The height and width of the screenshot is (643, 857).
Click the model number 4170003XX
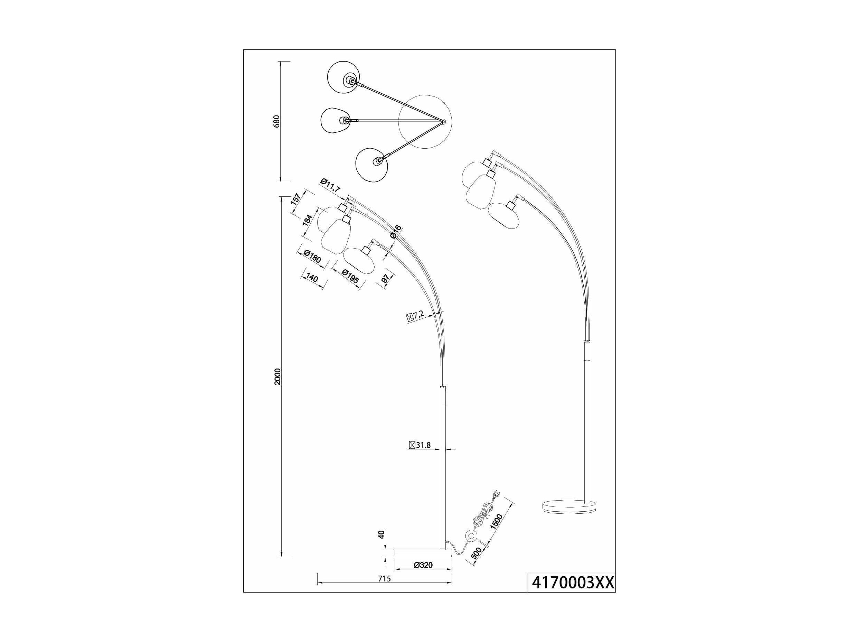click(572, 593)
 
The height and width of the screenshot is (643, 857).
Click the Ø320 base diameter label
click(423, 576)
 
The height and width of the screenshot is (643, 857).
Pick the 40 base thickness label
click(381, 535)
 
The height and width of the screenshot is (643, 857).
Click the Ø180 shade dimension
click(312, 257)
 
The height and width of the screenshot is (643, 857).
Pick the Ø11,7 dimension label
click(330, 186)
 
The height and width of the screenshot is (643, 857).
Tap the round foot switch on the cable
click(471, 536)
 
